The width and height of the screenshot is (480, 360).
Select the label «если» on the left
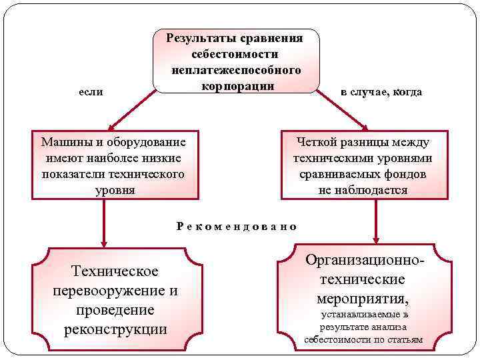tap(91, 91)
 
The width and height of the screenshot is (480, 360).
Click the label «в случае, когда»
tap(381, 91)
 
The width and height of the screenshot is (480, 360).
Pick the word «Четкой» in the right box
tap(317, 141)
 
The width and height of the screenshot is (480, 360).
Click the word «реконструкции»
tap(115, 329)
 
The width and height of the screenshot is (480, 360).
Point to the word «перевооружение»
tap(107, 291)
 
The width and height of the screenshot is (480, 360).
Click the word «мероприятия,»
tap(364, 297)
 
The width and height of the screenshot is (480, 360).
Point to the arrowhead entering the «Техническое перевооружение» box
tap(104, 241)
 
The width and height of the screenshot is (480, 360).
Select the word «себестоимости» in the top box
tap(235, 54)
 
